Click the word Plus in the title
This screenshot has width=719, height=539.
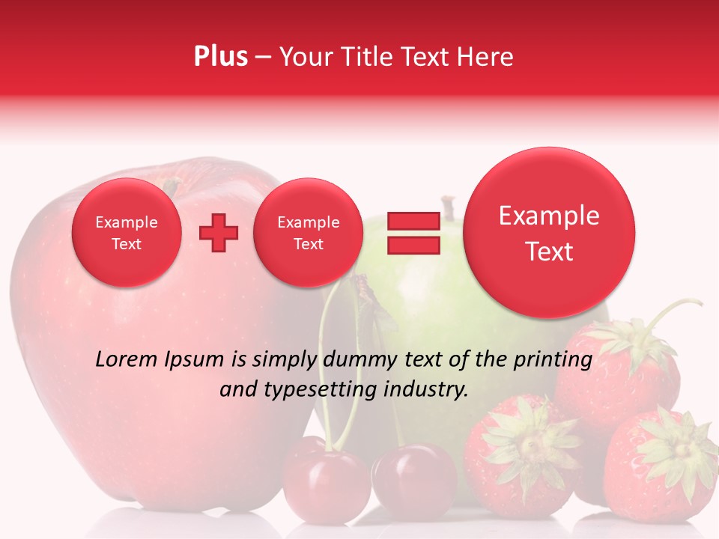[x=220, y=57]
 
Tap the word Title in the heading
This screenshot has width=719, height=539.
[x=367, y=57]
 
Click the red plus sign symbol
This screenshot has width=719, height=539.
[x=218, y=233]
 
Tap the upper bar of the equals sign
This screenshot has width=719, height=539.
[x=413, y=221]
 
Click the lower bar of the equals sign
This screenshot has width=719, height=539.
[x=413, y=246]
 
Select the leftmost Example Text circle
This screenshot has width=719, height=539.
[x=126, y=233]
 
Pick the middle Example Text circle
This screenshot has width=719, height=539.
[x=308, y=233]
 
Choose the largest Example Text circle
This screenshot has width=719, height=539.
[x=549, y=233]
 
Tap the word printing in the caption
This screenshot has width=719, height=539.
[x=553, y=360]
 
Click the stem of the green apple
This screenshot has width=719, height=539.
[x=449, y=207]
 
